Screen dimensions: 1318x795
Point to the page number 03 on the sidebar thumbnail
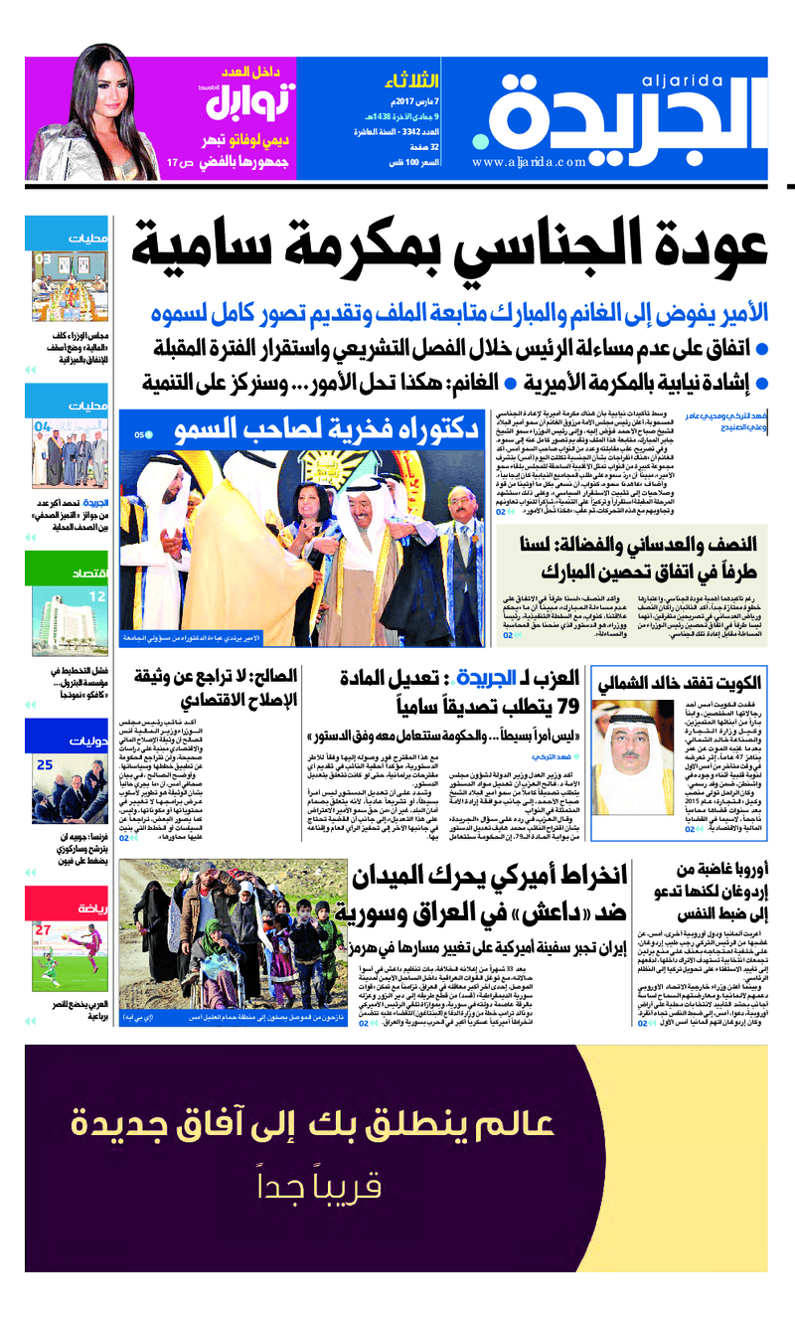tap(44, 260)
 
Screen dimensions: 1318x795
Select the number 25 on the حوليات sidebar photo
tap(45, 765)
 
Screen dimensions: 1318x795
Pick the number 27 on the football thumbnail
tap(43, 929)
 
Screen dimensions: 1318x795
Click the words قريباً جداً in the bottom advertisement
tap(397, 1187)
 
